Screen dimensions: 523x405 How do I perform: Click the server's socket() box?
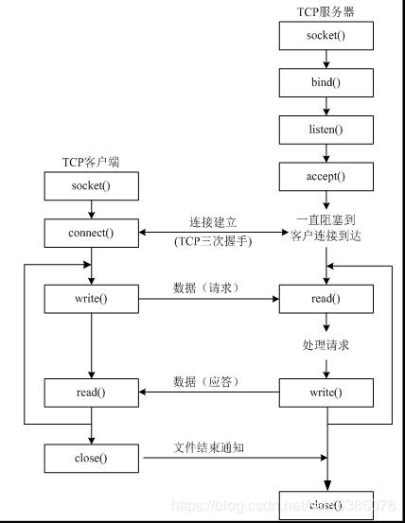coord(326,36)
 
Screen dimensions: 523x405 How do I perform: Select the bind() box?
coord(326,82)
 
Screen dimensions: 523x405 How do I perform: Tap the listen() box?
coord(326,129)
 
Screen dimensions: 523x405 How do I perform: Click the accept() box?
coord(326,175)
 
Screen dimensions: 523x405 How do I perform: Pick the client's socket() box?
coord(91,185)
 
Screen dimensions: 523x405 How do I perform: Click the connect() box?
coord(91,232)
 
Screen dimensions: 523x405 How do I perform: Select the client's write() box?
coord(91,300)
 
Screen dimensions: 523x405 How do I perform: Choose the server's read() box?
coord(326,300)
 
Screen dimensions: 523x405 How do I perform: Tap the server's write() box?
coord(326,392)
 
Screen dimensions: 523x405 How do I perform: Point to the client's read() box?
coord(91,392)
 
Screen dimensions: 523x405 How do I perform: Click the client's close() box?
coord(91,460)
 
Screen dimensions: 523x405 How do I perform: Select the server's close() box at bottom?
coord(326,506)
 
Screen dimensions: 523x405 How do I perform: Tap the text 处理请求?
coord(326,345)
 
